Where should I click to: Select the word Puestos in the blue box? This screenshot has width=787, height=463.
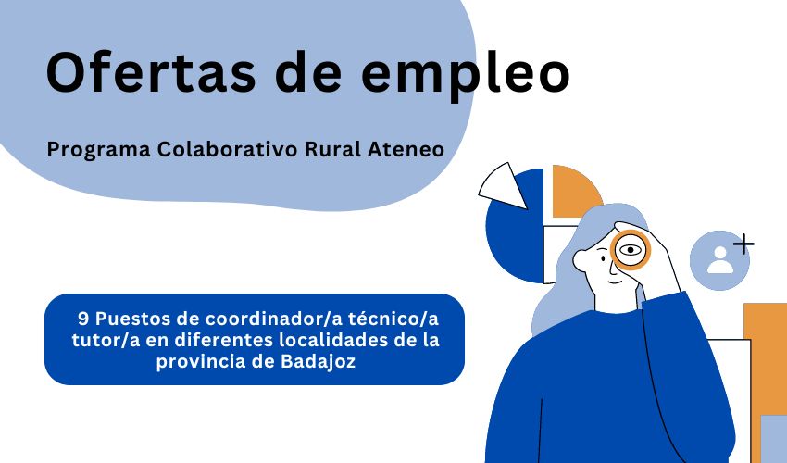(132, 318)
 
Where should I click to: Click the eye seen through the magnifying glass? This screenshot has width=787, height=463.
(631, 249)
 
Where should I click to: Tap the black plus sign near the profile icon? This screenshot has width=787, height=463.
(743, 244)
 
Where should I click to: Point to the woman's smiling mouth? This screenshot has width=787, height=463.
(602, 282)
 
